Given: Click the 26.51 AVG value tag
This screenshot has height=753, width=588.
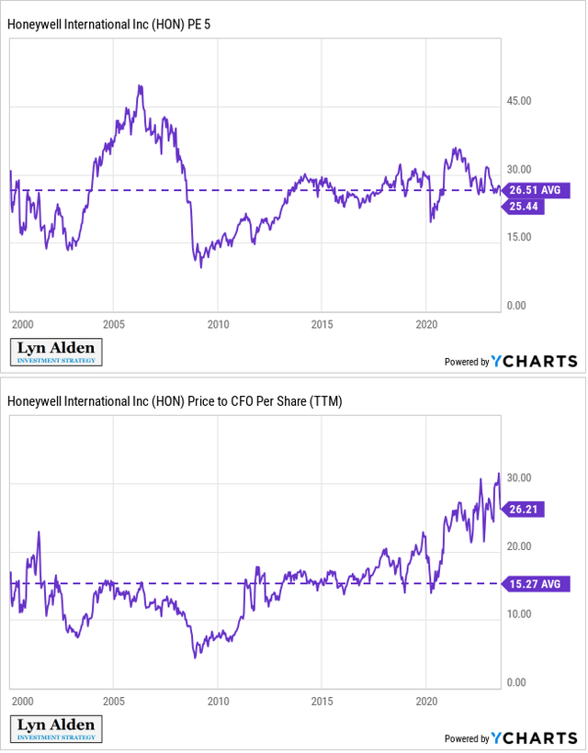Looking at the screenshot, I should pos(538,191).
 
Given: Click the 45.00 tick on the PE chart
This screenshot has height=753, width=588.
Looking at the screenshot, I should pos(520,102).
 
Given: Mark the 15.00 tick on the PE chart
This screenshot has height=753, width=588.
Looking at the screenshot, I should pos(520,238).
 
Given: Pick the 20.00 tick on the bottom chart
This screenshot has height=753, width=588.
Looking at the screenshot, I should pos(520,546).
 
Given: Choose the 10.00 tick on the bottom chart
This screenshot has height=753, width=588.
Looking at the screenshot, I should pos(520,614).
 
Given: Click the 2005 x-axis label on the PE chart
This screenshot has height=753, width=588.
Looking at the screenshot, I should pos(113,325).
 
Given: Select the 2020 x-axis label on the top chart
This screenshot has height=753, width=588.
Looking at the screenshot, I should pos(427,325).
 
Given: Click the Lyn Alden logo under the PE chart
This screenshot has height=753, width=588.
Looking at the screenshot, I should pos(56,353).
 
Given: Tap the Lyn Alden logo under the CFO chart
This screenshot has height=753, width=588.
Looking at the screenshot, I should pos(56,729).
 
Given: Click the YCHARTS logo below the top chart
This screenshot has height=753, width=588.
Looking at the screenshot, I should pos(534,361).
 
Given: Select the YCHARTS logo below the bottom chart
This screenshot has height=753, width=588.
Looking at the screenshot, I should pos(534,737).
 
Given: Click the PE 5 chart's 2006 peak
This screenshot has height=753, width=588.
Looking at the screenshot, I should pos(140,86).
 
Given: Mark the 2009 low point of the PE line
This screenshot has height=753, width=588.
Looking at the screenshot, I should pos(201,265).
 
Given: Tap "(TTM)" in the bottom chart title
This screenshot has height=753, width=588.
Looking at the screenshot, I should pos(324,401).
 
